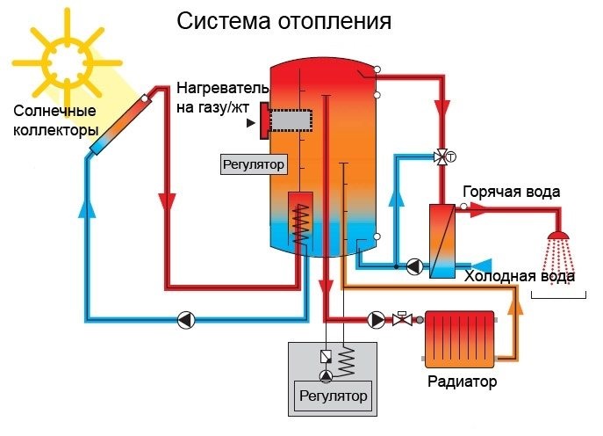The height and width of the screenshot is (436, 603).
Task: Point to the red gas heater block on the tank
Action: tap(263, 124)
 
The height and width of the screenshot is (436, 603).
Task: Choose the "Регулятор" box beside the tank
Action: tap(254, 163)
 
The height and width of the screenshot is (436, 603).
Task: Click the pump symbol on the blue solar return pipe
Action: tap(185, 319)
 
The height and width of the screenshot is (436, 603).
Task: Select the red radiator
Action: tap(458, 336)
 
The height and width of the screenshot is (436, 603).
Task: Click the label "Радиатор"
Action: tap(463, 382)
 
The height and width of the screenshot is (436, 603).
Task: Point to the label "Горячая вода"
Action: tap(512, 193)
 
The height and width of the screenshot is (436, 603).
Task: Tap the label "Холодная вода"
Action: tap(520, 276)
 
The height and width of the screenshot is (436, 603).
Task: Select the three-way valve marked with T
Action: tap(441, 157)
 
